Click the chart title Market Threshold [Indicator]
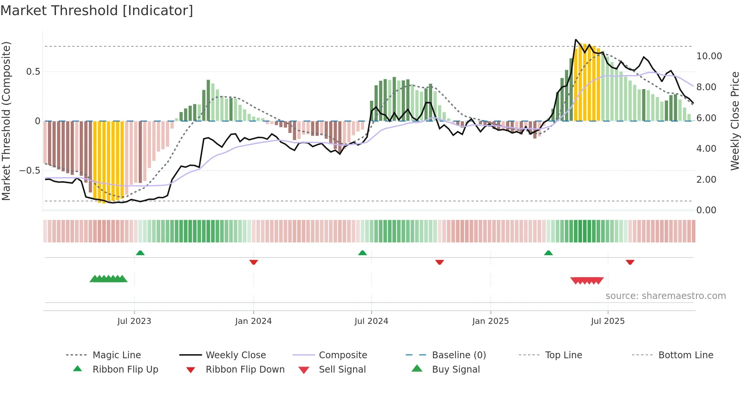pos(97,11)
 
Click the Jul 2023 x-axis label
pos(134,321)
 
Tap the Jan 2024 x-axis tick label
pos(253,321)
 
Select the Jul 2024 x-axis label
pos(371,321)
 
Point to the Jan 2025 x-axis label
pos(490,321)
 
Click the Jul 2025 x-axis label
pos(608,321)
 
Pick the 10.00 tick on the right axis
pos(709,56)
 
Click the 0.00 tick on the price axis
pos(706,210)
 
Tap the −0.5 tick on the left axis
pos(30,171)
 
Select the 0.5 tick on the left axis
pos(33,72)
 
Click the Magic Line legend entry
pos(116,355)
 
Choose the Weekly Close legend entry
pos(236,355)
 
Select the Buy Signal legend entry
pos(456,370)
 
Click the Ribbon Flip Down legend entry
pos(245,370)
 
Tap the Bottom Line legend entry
pos(685,355)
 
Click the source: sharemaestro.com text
pos(665,296)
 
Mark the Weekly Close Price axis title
pos(735,121)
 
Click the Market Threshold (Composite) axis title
pos(6,121)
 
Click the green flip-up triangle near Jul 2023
pos(140,253)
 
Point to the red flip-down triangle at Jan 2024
pos(254,262)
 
